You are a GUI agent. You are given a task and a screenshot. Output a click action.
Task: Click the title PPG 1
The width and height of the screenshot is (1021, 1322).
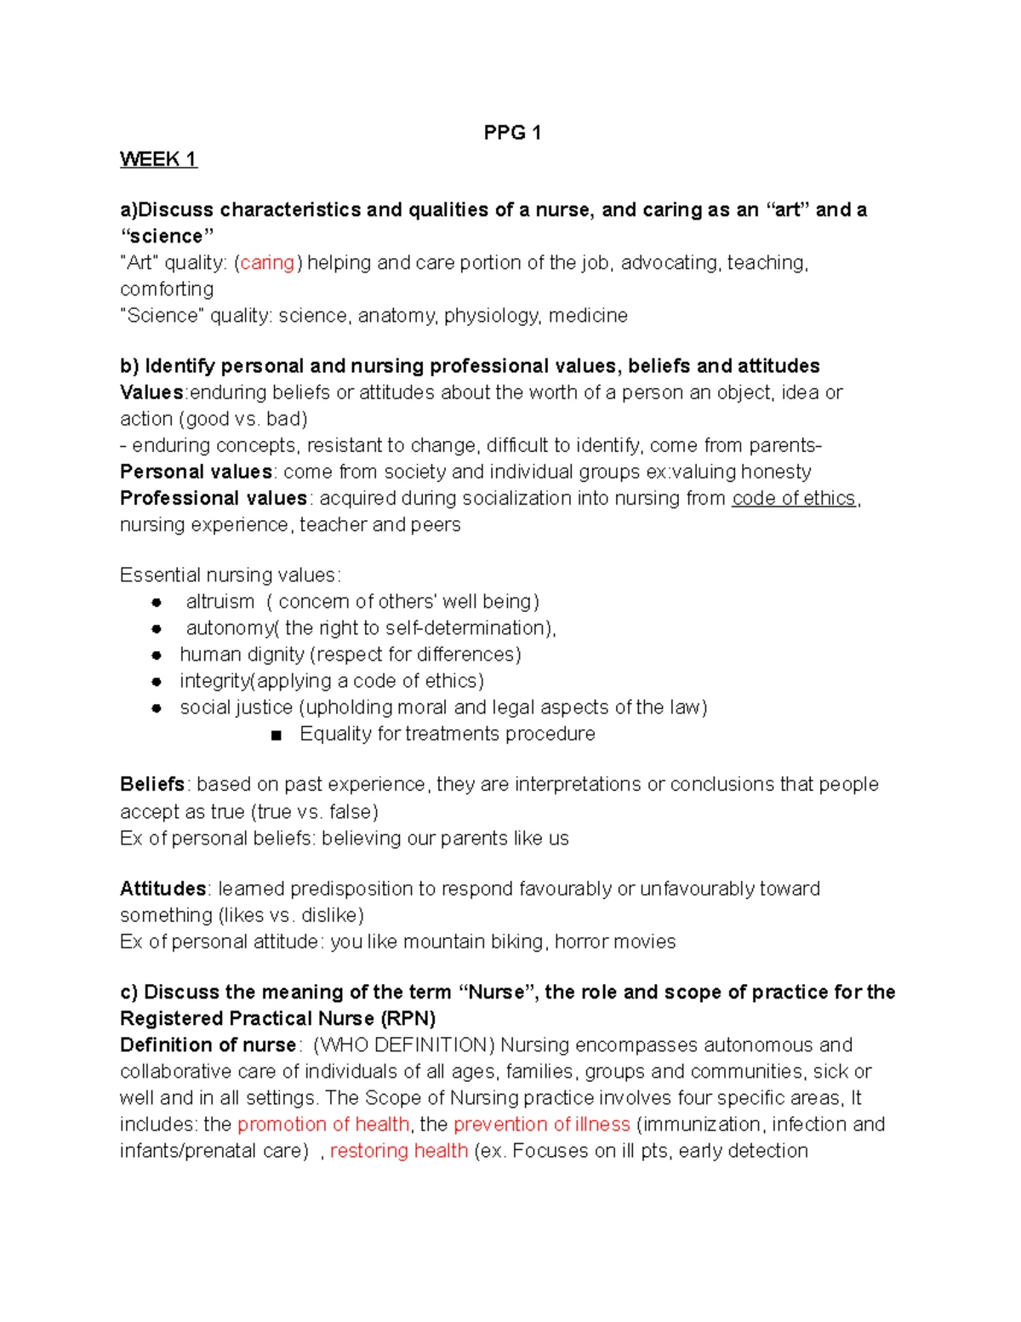(511, 132)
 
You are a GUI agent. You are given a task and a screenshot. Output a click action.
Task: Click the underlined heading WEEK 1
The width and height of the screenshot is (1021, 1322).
(158, 159)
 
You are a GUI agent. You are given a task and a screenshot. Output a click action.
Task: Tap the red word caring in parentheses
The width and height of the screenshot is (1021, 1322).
(267, 263)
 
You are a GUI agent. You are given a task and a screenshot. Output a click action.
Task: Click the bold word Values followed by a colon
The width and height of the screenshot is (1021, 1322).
(151, 392)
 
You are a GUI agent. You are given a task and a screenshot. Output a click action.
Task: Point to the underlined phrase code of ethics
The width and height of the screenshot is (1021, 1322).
(793, 498)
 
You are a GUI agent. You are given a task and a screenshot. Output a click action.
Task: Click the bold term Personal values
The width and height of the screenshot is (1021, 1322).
(196, 472)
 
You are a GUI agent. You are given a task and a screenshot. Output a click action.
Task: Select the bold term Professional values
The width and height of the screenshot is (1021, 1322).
(213, 498)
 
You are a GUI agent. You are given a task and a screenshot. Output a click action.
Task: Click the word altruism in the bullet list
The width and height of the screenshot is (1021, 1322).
(220, 602)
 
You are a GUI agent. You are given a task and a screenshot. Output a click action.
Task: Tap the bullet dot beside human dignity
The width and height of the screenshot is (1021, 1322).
(157, 655)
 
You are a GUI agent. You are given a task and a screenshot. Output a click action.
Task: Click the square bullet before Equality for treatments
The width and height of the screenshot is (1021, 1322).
(276, 735)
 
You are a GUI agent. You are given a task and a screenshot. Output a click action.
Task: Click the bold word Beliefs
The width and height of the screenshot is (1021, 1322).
(152, 784)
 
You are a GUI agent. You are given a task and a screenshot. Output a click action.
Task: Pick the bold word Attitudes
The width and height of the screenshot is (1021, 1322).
(163, 889)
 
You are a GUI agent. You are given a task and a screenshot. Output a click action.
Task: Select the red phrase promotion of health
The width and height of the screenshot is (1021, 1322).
(323, 1125)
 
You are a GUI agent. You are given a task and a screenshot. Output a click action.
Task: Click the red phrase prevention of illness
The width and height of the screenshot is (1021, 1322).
(542, 1125)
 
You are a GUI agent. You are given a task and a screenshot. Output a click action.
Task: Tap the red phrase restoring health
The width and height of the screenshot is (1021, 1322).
(399, 1151)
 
